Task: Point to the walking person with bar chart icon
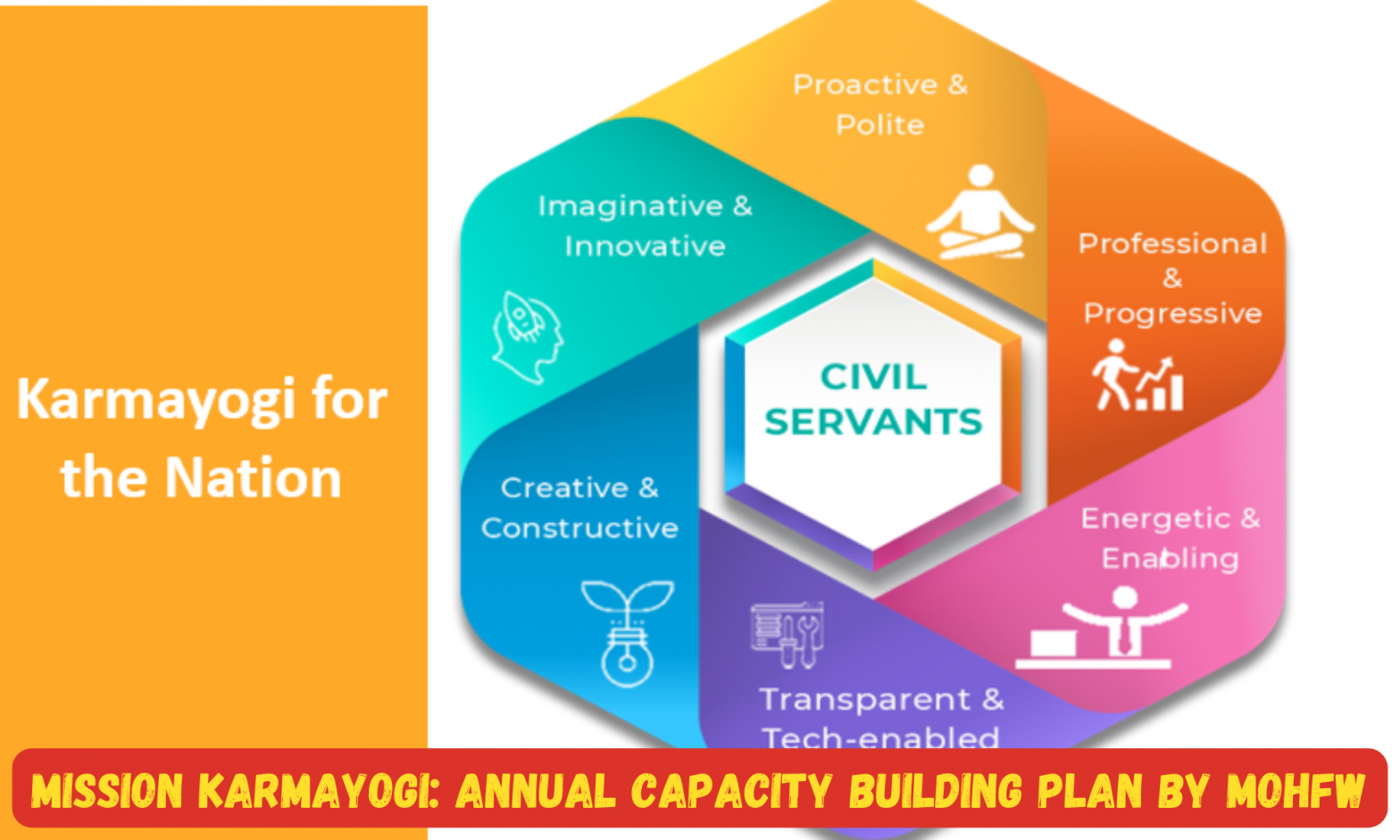click(1137, 375)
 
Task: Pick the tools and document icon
click(787, 634)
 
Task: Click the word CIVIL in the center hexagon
click(872, 377)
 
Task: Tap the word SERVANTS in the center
click(872, 421)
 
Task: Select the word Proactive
click(864, 85)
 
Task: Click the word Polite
click(879, 124)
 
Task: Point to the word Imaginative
click(630, 206)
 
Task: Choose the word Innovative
click(645, 246)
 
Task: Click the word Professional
click(1172, 244)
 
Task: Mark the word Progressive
click(1172, 313)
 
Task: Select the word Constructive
click(579, 528)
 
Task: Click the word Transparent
click(864, 699)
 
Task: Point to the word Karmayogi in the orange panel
click(155, 399)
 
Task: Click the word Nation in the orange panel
click(253, 478)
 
